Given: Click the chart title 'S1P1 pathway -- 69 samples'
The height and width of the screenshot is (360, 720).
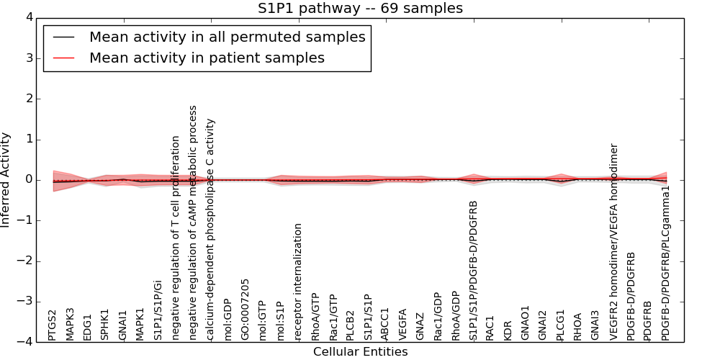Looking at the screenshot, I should point(360,9).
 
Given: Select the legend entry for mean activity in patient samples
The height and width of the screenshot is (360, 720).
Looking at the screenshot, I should point(207,58).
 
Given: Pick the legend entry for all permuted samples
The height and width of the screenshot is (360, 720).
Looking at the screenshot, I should point(227,37).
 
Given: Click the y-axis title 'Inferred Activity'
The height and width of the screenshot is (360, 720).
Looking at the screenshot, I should point(6,180).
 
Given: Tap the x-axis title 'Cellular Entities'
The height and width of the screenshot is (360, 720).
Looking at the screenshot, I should point(360,352).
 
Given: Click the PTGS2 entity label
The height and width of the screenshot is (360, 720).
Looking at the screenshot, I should point(53,325).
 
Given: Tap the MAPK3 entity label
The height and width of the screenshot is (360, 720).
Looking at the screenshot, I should point(70,324).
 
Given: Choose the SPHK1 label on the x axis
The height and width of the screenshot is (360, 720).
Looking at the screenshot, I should point(105,325).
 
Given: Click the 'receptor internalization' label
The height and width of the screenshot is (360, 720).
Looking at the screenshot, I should point(298,282).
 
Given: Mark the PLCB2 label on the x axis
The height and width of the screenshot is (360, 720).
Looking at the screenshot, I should point(350,325).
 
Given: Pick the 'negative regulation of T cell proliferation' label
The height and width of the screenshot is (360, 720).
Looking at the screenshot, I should point(175,238).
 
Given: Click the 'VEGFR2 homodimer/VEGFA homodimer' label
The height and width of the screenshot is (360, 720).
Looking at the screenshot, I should point(613,242).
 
